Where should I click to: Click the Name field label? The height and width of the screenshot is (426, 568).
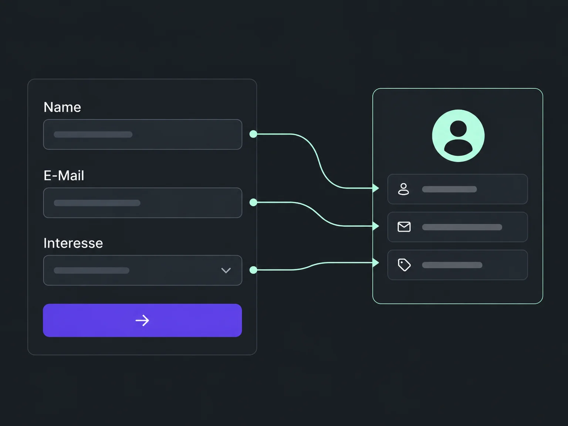tap(62, 107)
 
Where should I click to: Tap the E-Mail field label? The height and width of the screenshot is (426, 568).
tap(64, 176)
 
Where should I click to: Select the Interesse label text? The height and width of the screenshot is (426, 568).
tap(73, 243)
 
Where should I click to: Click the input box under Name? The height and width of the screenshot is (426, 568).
tap(143, 134)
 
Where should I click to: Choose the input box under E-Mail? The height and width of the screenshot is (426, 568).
tap(143, 203)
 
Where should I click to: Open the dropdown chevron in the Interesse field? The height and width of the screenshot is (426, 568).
tap(226, 271)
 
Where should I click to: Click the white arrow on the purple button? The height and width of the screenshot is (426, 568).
tap(142, 321)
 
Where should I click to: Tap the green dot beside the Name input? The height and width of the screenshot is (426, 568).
tap(253, 134)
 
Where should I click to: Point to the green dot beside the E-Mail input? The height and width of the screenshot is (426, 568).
tap(253, 202)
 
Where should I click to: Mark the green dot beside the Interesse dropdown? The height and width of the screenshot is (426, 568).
tap(253, 270)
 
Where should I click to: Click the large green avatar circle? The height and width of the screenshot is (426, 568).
tap(458, 136)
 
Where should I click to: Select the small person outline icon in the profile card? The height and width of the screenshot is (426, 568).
tap(403, 189)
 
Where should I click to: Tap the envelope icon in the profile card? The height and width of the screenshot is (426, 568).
tap(404, 227)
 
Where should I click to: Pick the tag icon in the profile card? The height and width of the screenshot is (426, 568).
tap(404, 265)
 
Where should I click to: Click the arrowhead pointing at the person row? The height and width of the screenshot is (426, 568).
tap(376, 188)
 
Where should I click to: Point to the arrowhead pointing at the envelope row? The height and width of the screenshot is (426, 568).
tap(376, 226)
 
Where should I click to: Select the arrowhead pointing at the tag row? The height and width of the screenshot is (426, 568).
tap(376, 263)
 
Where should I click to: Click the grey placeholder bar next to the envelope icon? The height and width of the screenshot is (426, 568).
tap(462, 227)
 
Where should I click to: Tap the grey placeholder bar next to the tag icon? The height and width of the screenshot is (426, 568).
tap(452, 265)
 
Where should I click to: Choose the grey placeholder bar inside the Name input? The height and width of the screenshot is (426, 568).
tap(93, 135)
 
